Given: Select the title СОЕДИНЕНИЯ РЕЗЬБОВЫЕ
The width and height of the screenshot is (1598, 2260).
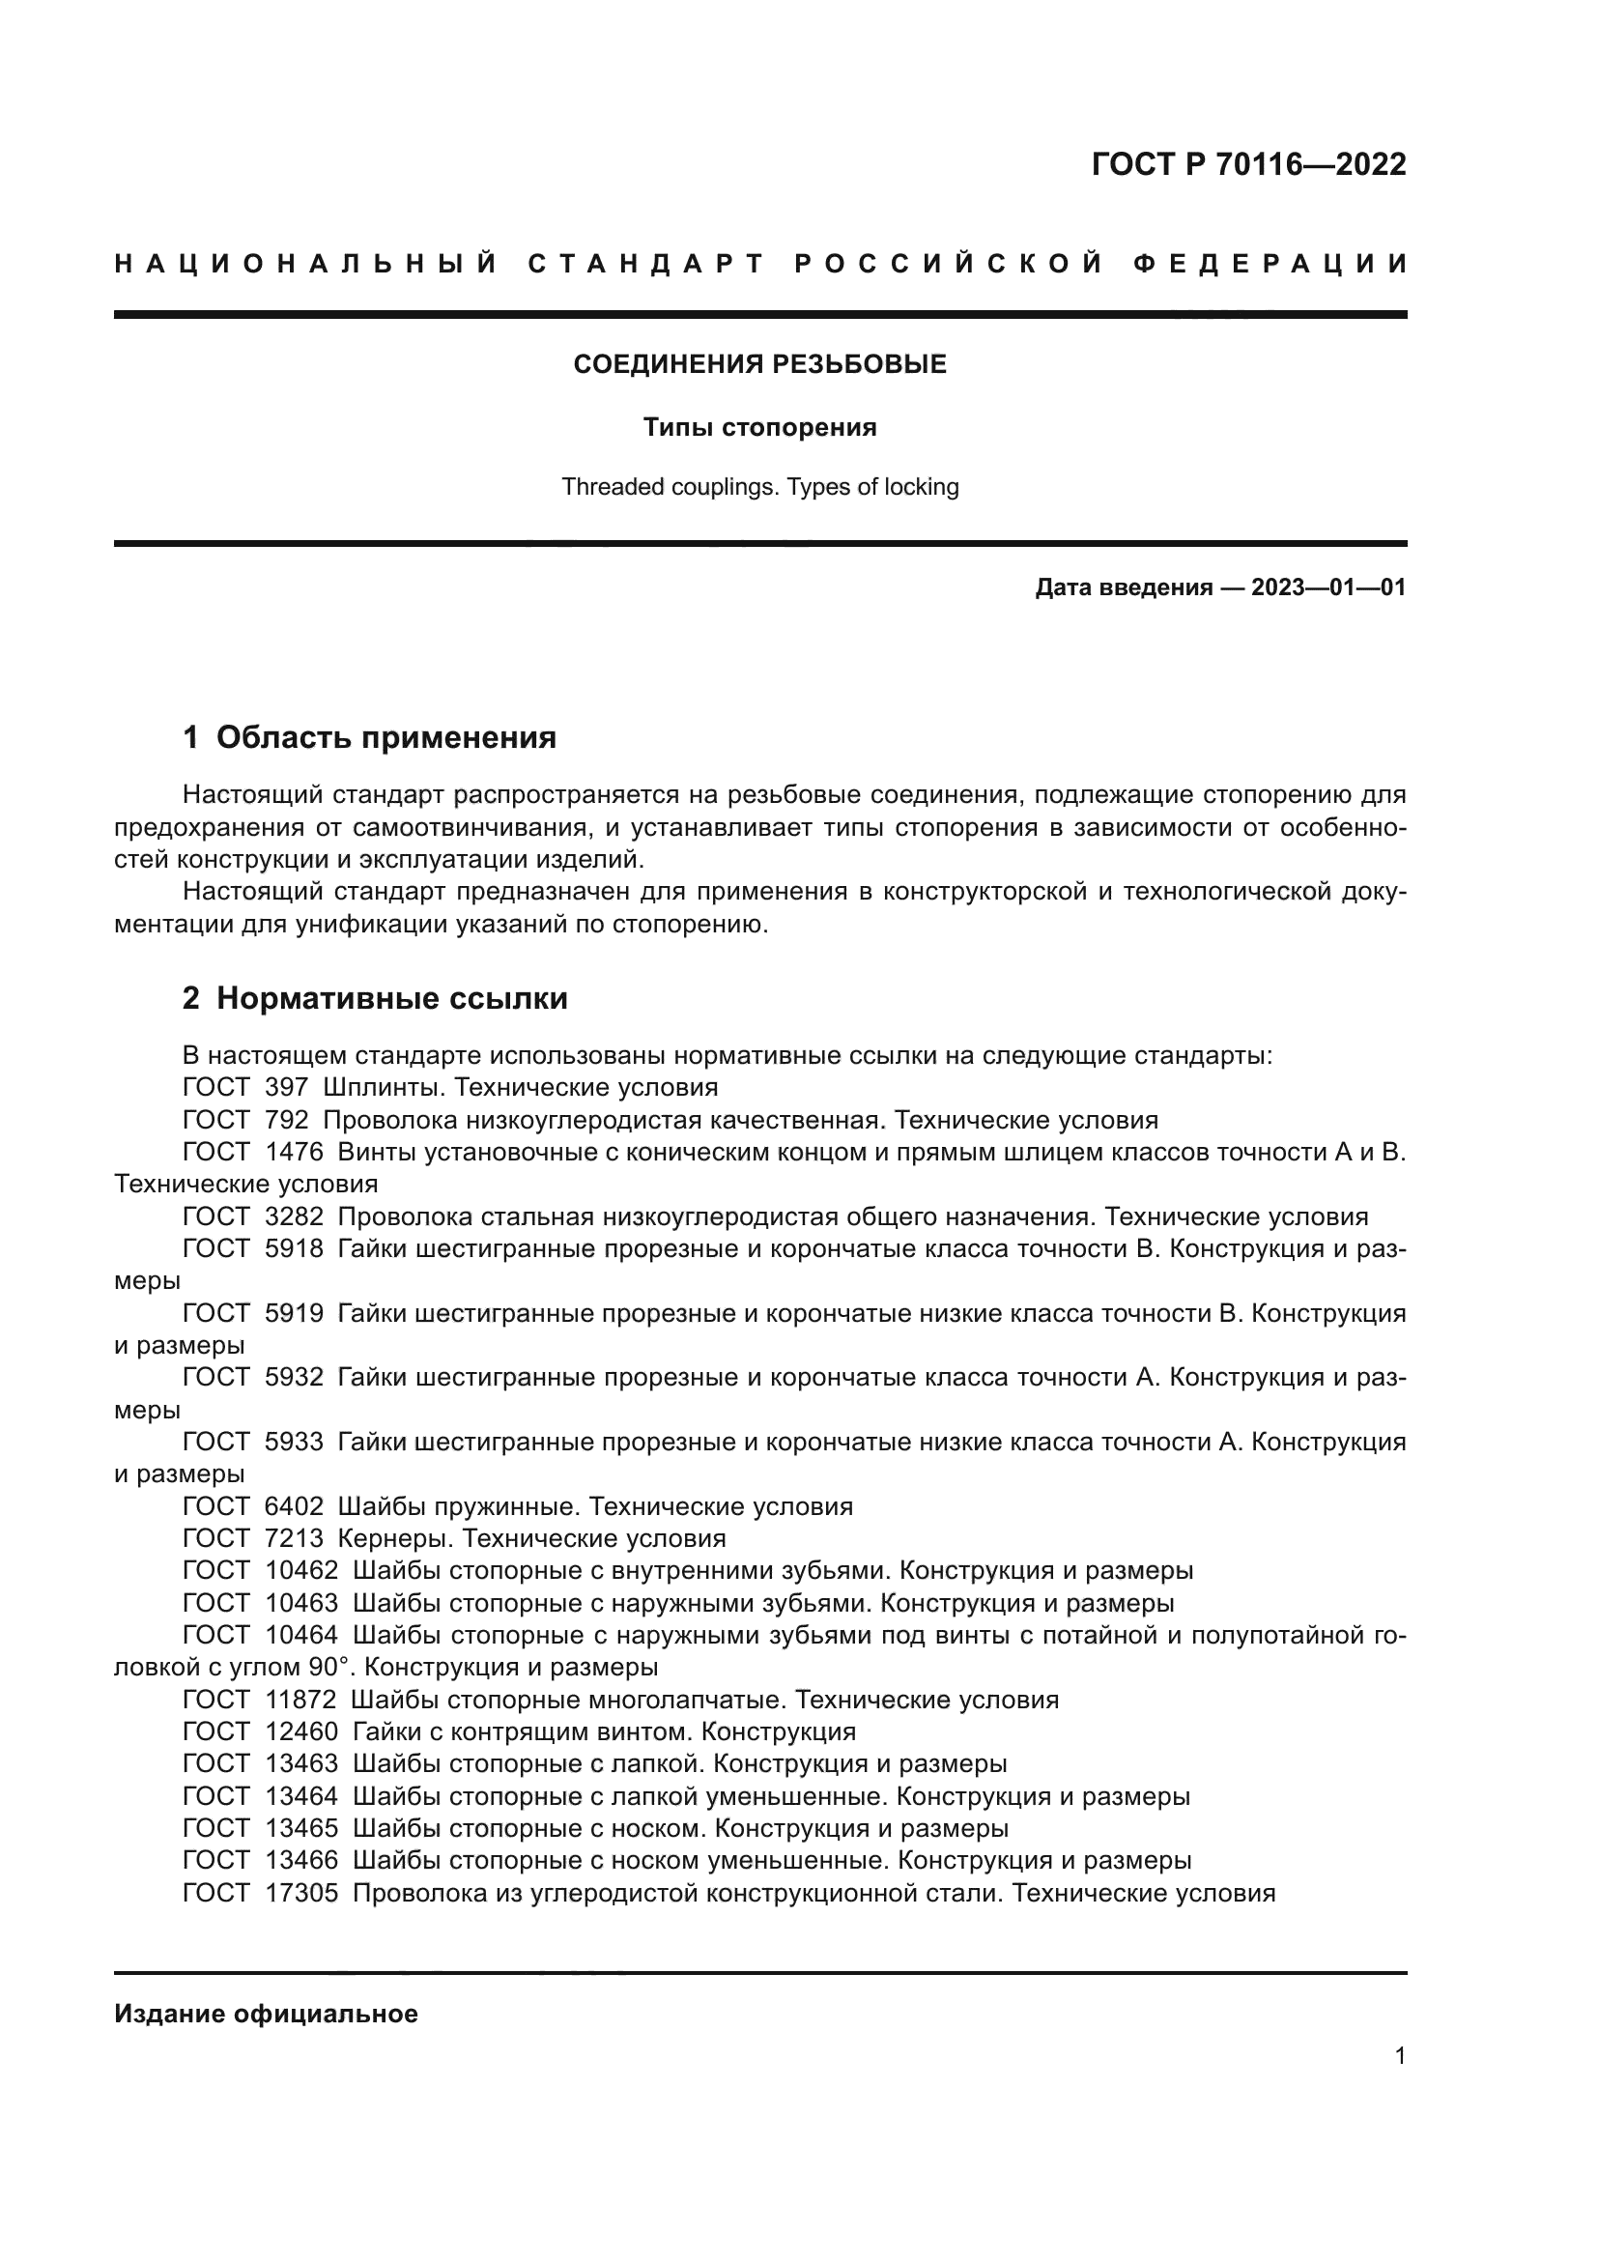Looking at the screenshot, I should (759, 364).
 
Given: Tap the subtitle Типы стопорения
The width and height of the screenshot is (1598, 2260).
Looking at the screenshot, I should (759, 427).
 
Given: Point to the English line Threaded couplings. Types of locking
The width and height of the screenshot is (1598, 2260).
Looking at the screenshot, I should (759, 486).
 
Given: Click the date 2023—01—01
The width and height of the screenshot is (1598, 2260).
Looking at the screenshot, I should (1327, 587).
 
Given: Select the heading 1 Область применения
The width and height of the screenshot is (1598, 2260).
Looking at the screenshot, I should (369, 736).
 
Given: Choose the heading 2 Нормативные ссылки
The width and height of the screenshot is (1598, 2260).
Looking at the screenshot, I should (375, 998).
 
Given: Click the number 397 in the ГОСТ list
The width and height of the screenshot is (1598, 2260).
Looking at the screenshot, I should (286, 1088).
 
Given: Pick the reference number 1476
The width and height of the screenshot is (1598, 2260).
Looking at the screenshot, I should (295, 1152).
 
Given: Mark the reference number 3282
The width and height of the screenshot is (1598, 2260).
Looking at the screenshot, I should (295, 1216).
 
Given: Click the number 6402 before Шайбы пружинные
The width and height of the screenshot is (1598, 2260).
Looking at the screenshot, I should (295, 1506).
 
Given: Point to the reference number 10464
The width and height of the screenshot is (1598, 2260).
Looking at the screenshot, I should (301, 1635).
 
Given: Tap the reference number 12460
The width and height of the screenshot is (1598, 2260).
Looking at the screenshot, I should (301, 1731).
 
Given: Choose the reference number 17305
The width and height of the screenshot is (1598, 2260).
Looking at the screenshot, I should (301, 1893).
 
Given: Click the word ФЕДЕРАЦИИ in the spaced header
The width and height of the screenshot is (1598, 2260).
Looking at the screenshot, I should (1271, 264).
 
